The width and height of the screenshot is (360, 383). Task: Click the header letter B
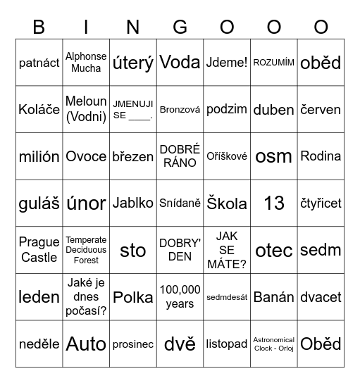(x=39, y=27)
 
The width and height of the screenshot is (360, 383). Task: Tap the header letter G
(x=180, y=27)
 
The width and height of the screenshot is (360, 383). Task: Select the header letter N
(x=133, y=27)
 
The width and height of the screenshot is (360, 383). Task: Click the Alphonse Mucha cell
(x=86, y=63)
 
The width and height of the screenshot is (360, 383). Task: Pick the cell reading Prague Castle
(x=39, y=250)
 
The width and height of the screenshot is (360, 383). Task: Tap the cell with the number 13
(x=274, y=203)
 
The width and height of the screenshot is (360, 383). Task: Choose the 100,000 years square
(x=180, y=297)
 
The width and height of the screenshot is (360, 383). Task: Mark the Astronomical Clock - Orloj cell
(x=274, y=344)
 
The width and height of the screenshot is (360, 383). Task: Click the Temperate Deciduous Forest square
(x=86, y=250)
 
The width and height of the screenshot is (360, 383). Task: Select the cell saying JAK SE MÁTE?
(x=227, y=250)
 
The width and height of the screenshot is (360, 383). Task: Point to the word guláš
(x=39, y=203)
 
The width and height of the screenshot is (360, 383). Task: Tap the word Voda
(x=180, y=63)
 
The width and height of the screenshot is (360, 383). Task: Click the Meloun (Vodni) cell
(x=86, y=109)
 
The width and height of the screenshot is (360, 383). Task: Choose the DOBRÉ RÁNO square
(x=180, y=156)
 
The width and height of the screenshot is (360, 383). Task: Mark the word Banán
(x=274, y=297)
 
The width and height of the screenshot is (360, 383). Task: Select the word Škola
(x=227, y=203)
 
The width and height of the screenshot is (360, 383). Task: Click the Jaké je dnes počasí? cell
(x=86, y=297)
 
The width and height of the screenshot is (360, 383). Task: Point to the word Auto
(x=86, y=344)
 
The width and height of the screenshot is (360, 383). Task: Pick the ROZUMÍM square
(x=274, y=63)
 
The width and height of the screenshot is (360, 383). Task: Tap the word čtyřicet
(x=321, y=203)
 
